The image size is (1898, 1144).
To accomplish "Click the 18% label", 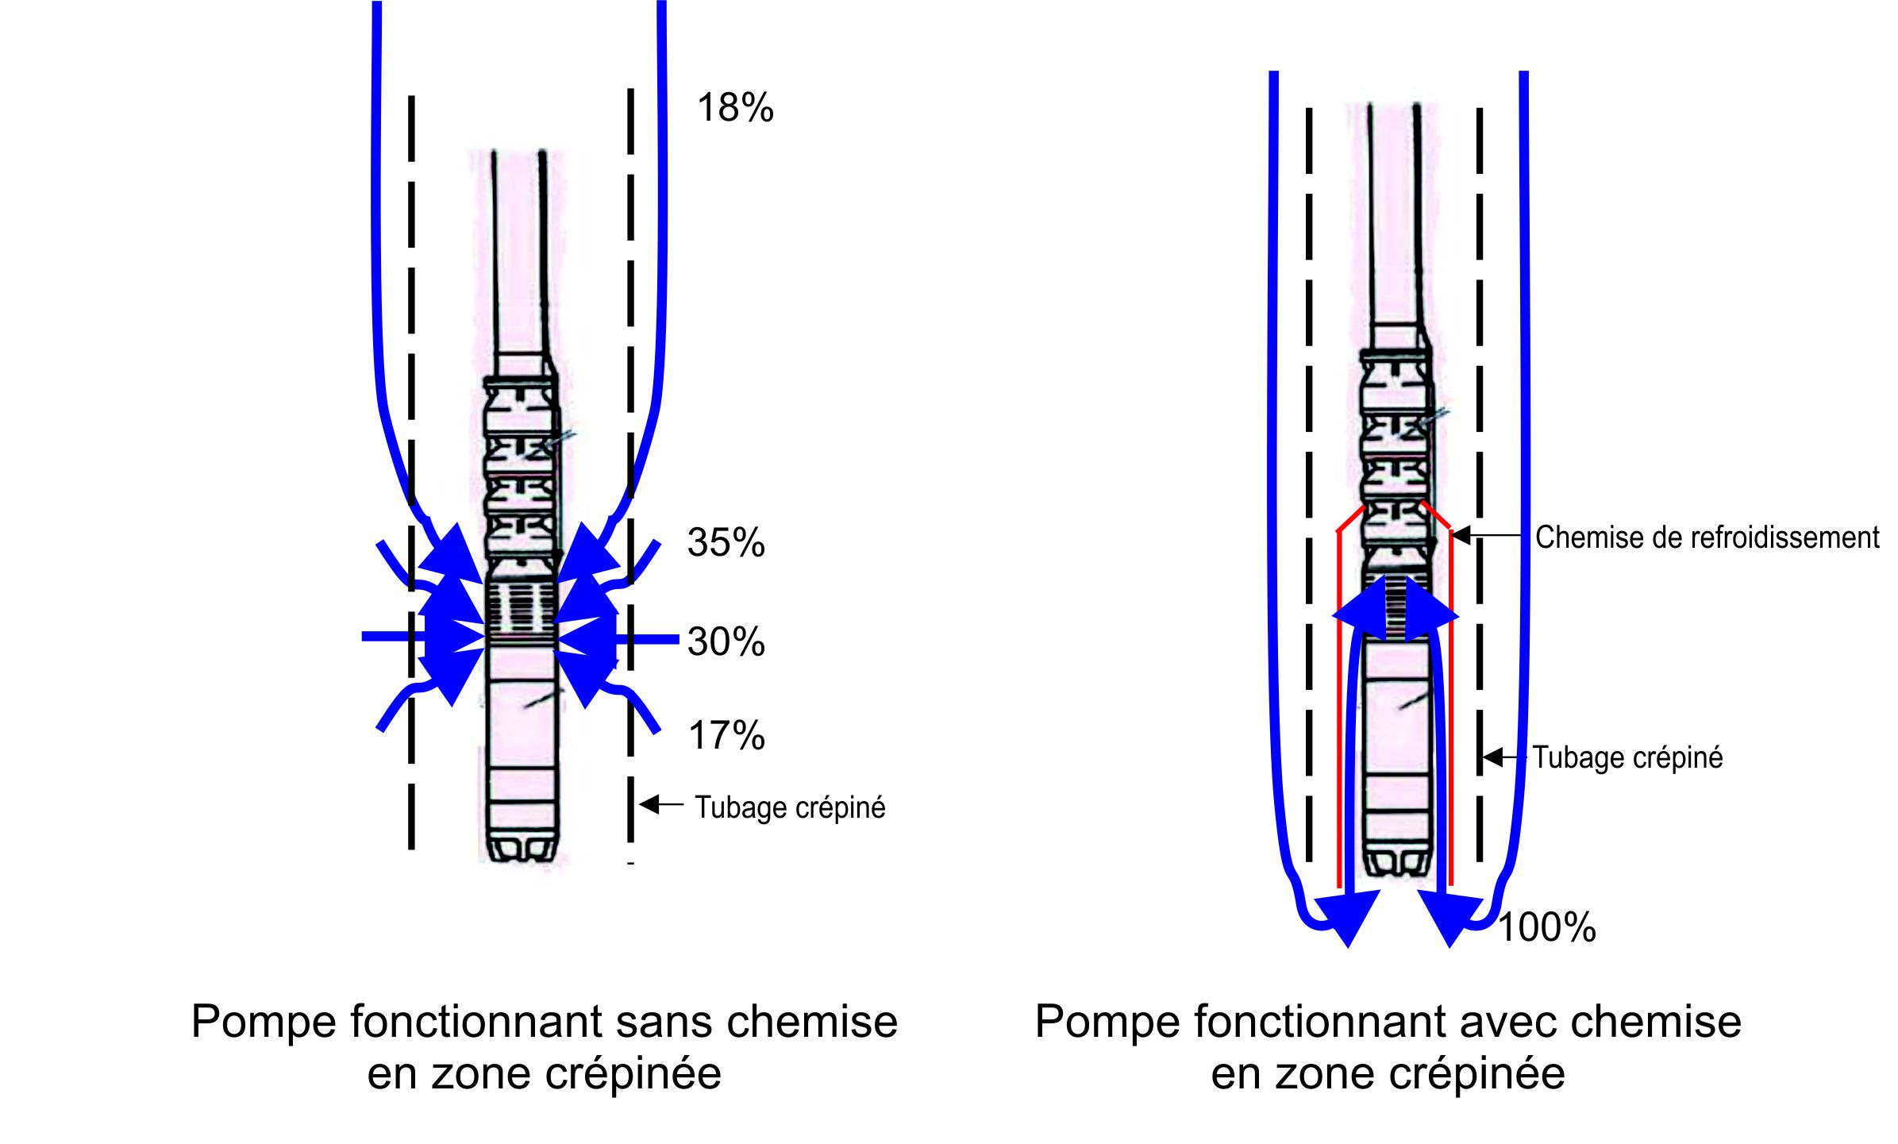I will coord(734,108).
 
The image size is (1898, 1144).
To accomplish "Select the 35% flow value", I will coord(726,543).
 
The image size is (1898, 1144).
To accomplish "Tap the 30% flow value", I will coord(726,641).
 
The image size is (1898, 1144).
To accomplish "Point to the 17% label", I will coord(726,736).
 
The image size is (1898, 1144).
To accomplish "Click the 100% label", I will coord(1546,927).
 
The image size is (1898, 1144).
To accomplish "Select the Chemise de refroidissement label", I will coord(1707,537).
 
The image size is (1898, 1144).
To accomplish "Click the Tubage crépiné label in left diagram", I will coord(790,807).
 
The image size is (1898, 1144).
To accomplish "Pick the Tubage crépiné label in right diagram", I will coord(1627,757).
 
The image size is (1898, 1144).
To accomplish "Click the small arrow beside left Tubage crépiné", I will coord(661,805).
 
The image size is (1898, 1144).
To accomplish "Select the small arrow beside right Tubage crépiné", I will coord(1504,757).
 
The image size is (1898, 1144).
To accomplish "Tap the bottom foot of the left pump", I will coord(520,849).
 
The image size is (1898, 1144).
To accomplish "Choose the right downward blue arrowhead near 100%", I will coord(1449,921).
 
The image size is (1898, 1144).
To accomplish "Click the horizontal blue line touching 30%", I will coord(655,637).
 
